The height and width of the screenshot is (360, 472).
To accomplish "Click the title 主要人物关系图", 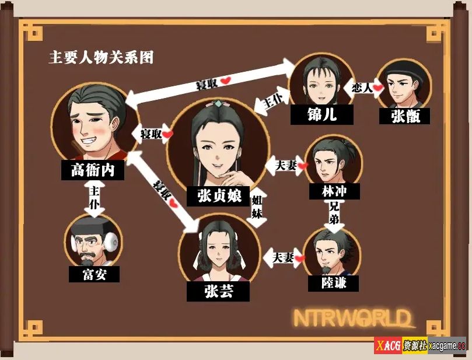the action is pyautogui.click(x=102, y=57).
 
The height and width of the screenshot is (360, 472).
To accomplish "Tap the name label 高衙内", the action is pyautogui.click(x=93, y=170).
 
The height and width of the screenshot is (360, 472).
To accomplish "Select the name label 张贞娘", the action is pyautogui.click(x=218, y=196).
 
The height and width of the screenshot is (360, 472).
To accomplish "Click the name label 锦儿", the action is pyautogui.click(x=322, y=115).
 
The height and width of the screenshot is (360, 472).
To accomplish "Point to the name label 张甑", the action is pyautogui.click(x=404, y=116).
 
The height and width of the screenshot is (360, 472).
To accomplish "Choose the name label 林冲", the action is pyautogui.click(x=334, y=191).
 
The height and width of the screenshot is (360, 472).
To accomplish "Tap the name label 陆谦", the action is pyautogui.click(x=333, y=283).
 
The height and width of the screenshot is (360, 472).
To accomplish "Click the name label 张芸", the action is pyautogui.click(x=218, y=291).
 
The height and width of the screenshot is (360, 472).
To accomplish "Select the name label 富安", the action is pyautogui.click(x=94, y=274).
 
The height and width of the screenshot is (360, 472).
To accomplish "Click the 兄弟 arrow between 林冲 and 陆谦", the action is pyautogui.click(x=334, y=215).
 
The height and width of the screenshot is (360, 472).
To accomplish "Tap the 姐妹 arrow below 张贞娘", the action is pyautogui.click(x=257, y=207).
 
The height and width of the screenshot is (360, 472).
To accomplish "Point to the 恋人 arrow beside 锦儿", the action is pyautogui.click(x=363, y=88).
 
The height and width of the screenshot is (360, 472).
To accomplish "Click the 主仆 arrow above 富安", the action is pyautogui.click(x=94, y=198).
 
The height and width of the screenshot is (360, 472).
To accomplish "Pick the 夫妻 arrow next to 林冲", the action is pyautogui.click(x=286, y=165).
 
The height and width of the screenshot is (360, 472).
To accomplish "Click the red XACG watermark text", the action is pyautogui.click(x=389, y=345).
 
